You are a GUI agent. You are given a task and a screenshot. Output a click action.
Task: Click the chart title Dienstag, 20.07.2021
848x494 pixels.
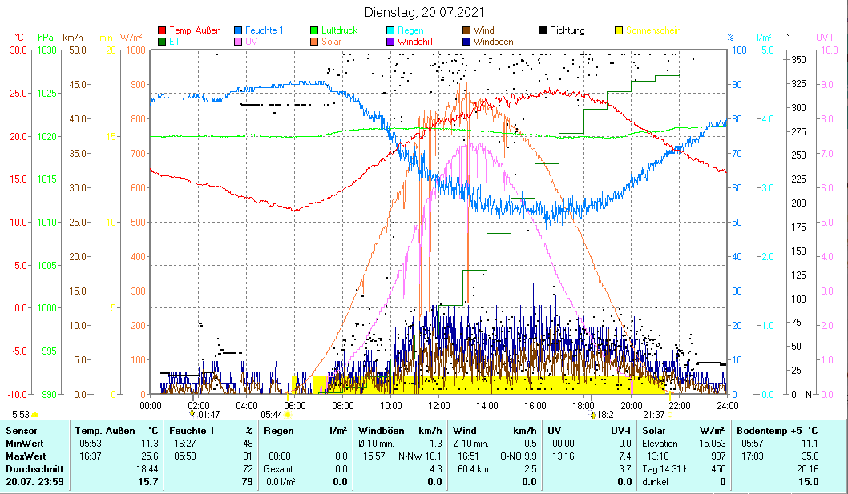point(423,13)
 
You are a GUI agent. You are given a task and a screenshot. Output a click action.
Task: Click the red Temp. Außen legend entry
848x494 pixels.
point(195,30)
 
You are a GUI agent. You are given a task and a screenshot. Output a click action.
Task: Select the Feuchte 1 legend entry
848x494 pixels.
point(264,30)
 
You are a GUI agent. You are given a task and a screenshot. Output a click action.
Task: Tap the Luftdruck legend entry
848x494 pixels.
point(339,30)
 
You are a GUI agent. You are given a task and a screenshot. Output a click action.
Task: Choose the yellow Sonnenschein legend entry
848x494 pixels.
point(652,30)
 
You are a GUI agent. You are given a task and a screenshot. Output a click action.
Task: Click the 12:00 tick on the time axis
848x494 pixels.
point(439,404)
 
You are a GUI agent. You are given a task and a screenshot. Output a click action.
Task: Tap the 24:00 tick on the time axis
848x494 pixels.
point(727,404)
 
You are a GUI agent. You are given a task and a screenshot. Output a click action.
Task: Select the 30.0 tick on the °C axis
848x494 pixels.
point(17,50)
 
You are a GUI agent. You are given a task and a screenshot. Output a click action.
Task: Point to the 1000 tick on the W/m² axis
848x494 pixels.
point(135,50)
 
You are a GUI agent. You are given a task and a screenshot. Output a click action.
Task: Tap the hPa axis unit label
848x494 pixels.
point(46,37)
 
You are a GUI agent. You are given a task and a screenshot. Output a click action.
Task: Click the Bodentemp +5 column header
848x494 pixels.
point(765,431)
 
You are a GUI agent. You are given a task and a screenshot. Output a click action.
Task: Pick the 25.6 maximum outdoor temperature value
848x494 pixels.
point(151,456)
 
